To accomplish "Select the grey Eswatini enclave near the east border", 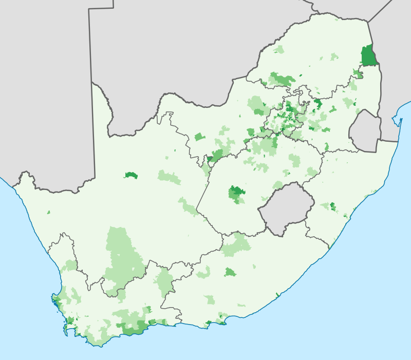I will tap(365, 131).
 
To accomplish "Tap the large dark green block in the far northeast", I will tap(368, 56).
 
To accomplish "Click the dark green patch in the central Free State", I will tap(237, 194).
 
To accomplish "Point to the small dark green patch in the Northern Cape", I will tap(131, 175).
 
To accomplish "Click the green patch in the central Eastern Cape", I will tap(230, 272).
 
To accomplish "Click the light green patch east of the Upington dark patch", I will tap(170, 178).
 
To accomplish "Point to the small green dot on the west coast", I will tap(49, 212).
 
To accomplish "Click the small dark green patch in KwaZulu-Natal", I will tap(332, 206).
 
